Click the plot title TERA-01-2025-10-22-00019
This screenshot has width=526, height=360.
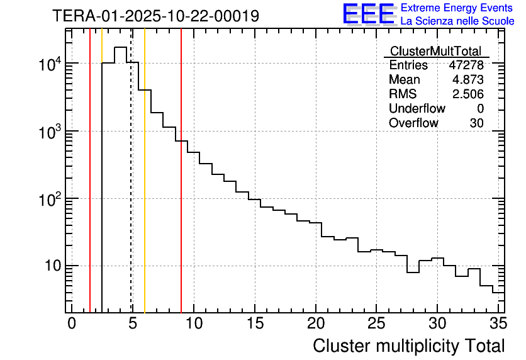[x=155, y=16]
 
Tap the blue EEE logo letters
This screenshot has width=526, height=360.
[x=368, y=14]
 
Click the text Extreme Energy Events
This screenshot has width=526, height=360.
[x=457, y=8]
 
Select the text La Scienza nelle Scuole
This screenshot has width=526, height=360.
[x=457, y=21]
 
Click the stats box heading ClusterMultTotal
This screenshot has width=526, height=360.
[x=435, y=52]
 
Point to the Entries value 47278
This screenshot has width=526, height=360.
[x=466, y=65]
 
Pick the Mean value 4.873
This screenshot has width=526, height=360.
[x=468, y=80]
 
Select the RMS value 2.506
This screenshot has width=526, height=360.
[x=468, y=94]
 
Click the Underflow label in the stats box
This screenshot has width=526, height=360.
[x=417, y=109]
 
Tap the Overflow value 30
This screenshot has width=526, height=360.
[x=476, y=123]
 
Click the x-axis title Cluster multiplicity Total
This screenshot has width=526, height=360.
[x=409, y=346]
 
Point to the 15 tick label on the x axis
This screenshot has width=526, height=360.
[x=254, y=323]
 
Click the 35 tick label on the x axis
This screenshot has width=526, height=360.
[x=498, y=323]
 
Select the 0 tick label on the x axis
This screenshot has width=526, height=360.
[x=72, y=323]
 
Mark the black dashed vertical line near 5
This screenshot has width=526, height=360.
[x=131, y=189]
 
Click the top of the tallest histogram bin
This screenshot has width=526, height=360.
[x=120, y=47]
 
